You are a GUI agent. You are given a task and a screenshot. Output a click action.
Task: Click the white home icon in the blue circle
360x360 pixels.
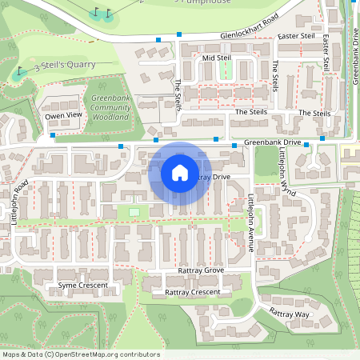click(x=180, y=173)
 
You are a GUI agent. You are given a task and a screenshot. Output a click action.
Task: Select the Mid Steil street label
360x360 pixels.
click(x=216, y=58)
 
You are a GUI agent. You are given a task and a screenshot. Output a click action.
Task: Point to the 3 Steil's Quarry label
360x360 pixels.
click(x=65, y=65)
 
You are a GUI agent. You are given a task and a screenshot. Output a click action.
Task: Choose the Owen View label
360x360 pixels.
click(x=63, y=115)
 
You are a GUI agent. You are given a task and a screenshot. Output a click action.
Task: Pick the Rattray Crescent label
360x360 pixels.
click(x=192, y=293)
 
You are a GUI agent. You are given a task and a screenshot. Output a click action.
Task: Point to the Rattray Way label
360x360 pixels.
click(x=290, y=314)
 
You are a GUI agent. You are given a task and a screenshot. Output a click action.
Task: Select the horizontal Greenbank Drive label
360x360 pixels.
click(x=272, y=142)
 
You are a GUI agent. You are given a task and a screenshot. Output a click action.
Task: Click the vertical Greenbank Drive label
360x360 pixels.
click(x=354, y=56)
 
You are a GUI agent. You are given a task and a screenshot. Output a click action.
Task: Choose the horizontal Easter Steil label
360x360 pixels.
click(x=295, y=37)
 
